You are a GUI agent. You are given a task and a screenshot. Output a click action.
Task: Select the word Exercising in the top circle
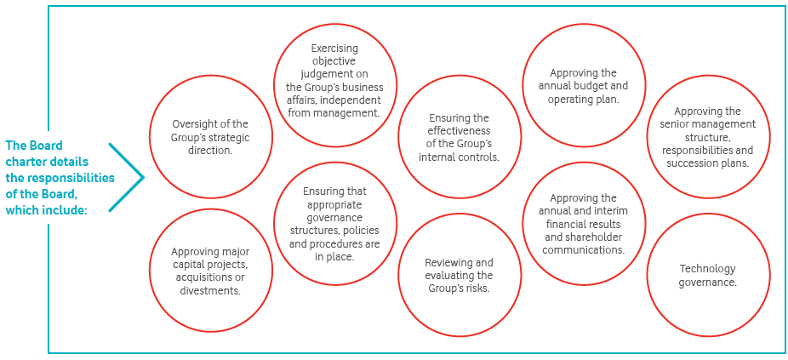(x=334, y=49)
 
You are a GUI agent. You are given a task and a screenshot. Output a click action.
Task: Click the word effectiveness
(x=459, y=131)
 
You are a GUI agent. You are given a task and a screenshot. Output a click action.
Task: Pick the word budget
(x=600, y=86)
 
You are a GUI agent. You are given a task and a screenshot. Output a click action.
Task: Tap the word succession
(x=687, y=163)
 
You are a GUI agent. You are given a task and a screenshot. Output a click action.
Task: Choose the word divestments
(x=210, y=290)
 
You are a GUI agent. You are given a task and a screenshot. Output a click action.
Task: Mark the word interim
(x=611, y=211)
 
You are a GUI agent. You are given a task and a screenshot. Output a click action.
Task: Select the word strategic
(x=231, y=137)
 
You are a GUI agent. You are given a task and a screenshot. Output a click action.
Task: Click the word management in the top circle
(x=345, y=113)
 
